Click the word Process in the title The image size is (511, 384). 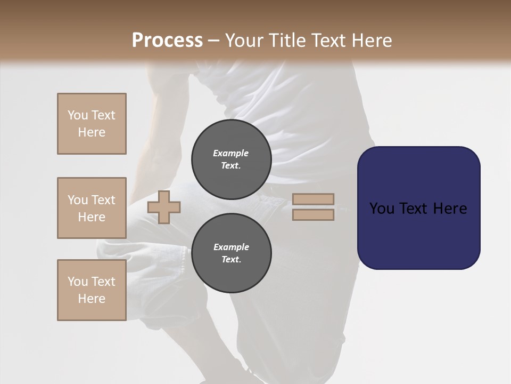click(x=167, y=41)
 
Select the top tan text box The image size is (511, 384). click(x=92, y=124)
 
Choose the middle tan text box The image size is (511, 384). click(x=92, y=208)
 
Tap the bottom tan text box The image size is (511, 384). click(x=92, y=290)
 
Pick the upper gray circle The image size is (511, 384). click(x=231, y=159)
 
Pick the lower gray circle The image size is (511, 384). click(x=231, y=253)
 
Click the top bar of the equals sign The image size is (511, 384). click(x=313, y=199)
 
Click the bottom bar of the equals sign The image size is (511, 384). click(x=313, y=214)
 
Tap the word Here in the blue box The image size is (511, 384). click(x=450, y=209)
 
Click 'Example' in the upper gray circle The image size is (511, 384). click(x=231, y=153)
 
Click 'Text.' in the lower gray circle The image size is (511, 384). click(x=231, y=259)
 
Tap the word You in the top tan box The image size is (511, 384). click(x=77, y=115)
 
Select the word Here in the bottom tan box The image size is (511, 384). click(x=92, y=299)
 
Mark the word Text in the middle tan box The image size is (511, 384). click(x=103, y=200)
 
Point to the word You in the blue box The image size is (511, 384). click(x=382, y=209)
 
